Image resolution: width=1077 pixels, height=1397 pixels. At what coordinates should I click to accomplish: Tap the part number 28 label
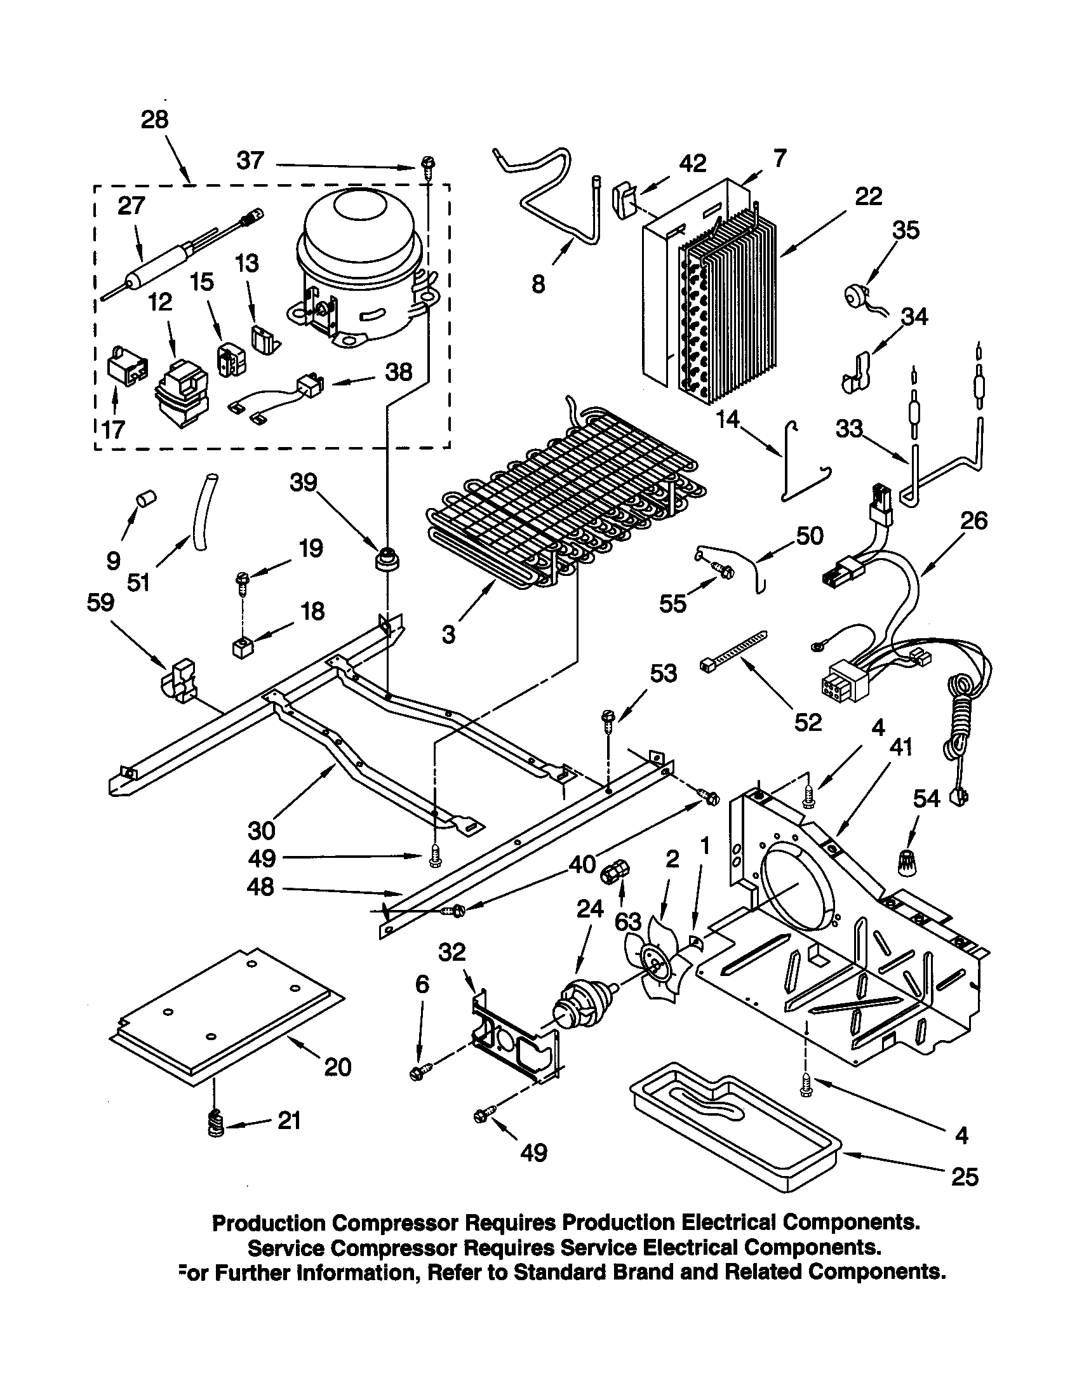(x=154, y=119)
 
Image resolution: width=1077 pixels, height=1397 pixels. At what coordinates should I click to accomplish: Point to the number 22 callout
(x=868, y=196)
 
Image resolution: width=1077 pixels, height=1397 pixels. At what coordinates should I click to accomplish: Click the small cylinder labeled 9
(x=149, y=498)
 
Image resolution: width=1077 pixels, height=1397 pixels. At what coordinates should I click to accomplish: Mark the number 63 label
(x=627, y=922)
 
